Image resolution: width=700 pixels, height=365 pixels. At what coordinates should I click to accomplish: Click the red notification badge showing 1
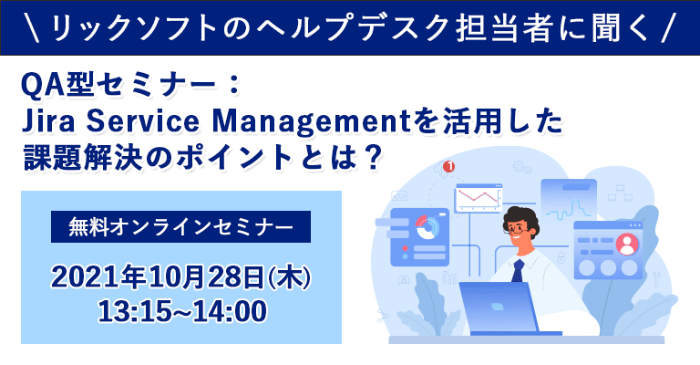pos(448,167)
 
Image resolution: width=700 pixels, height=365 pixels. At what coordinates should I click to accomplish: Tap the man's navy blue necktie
pos(518,271)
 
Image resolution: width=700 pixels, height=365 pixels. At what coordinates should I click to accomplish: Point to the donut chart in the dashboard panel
pos(426,228)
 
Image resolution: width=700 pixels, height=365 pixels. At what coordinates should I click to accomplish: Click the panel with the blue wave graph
pos(568,195)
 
